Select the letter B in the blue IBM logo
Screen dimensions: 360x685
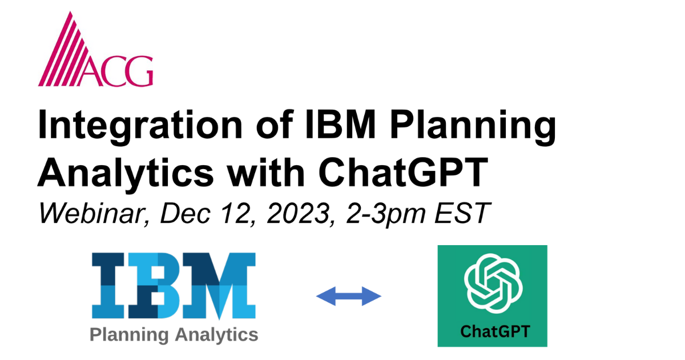158,285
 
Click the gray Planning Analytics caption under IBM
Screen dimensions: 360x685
174,334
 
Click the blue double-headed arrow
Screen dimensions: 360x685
348,295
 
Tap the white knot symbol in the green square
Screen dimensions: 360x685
492,281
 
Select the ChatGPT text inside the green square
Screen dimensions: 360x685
492,331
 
